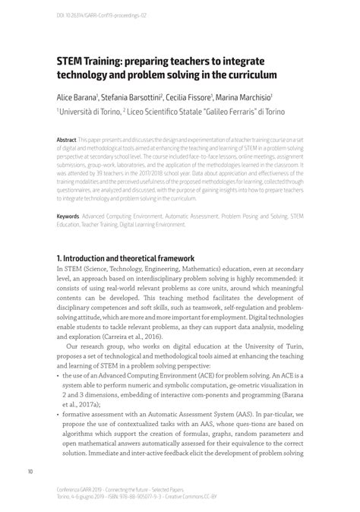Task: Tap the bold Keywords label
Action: coord(68,217)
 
